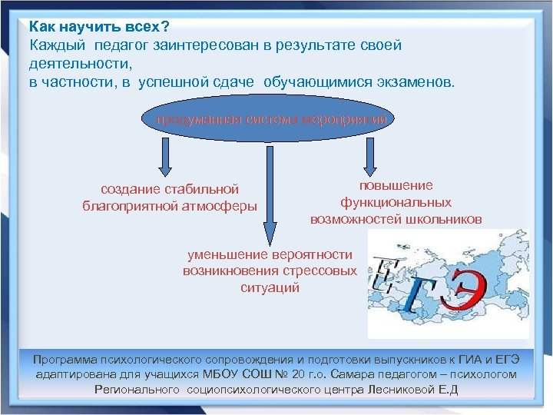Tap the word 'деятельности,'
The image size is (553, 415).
[81, 64]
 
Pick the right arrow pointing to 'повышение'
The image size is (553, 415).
[370, 156]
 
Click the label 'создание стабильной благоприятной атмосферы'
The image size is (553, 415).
[170, 198]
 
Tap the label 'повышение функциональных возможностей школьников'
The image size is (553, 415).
[396, 202]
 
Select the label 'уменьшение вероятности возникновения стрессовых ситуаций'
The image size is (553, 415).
[270, 271]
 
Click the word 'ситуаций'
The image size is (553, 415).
[270, 288]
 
